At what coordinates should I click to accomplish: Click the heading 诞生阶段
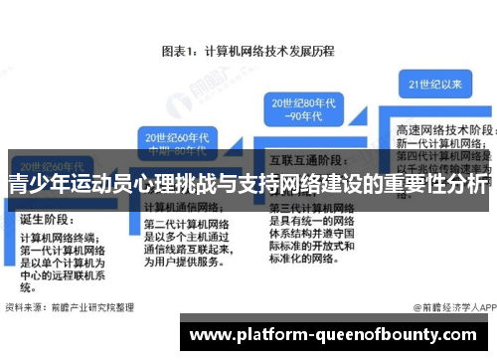(45, 220)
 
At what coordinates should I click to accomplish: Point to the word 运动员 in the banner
(110, 184)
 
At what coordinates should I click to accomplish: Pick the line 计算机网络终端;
(60, 239)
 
